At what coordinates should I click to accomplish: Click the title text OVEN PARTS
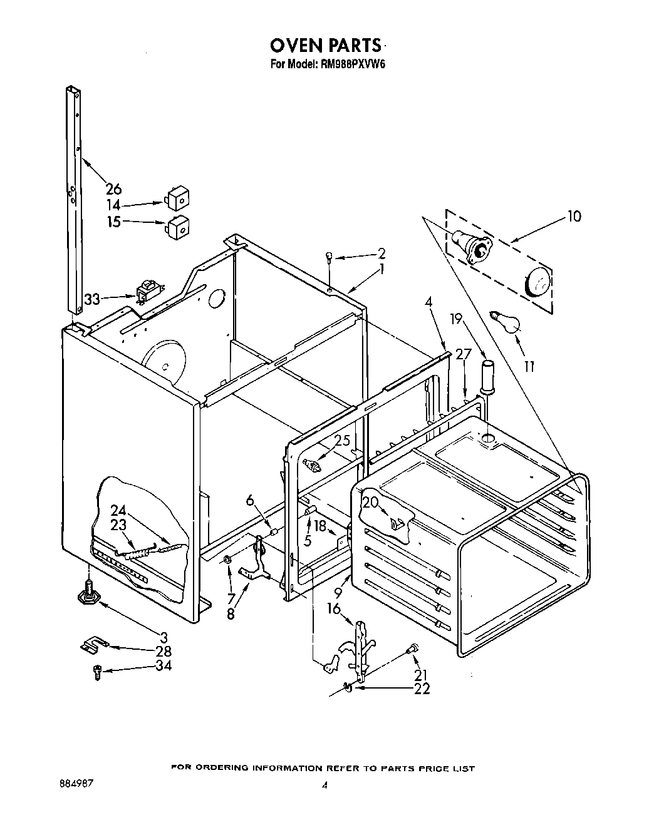click(325, 45)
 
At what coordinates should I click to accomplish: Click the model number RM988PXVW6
click(352, 63)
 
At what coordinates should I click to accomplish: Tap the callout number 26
click(113, 188)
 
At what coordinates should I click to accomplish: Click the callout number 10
click(573, 217)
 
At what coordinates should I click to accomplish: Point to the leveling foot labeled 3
click(88, 593)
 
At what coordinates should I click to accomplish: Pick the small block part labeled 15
click(179, 227)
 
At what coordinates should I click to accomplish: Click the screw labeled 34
click(97, 672)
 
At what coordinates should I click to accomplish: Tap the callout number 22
click(422, 689)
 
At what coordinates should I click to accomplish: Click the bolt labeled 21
click(413, 650)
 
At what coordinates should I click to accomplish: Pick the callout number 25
click(342, 441)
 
